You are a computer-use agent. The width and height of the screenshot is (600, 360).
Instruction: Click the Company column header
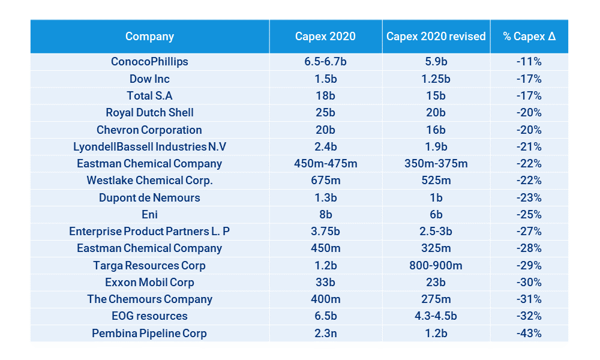click(149, 37)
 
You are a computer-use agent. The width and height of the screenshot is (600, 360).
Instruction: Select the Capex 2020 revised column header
click(436, 37)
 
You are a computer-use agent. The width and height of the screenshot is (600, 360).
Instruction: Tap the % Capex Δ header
click(529, 37)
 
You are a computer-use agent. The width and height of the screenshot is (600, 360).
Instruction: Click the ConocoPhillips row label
click(149, 62)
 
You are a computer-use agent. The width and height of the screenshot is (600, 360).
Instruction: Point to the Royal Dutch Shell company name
click(149, 113)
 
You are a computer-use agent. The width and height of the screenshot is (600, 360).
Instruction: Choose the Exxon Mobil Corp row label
click(149, 283)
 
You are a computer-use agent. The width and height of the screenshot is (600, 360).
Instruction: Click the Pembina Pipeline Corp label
click(149, 334)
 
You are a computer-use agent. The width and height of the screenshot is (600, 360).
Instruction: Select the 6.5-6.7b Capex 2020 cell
click(325, 62)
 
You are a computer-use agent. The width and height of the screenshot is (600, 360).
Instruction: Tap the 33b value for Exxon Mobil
click(325, 283)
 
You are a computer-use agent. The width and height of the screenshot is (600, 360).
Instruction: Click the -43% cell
click(529, 334)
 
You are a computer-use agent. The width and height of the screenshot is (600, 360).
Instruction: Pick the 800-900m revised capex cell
click(436, 265)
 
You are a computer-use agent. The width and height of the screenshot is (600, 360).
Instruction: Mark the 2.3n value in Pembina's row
click(325, 334)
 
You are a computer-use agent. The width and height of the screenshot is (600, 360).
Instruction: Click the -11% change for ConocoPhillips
click(529, 62)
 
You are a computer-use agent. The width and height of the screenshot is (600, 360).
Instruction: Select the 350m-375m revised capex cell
click(436, 164)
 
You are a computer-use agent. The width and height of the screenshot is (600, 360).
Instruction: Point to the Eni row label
click(149, 215)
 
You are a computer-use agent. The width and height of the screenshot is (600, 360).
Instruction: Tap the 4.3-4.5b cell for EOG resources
click(436, 316)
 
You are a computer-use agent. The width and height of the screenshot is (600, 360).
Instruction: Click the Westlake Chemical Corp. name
click(149, 181)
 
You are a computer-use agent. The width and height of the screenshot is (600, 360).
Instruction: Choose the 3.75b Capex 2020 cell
click(325, 232)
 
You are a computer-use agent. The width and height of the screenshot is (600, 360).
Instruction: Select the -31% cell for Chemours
click(529, 299)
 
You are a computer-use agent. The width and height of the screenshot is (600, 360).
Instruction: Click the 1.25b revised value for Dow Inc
click(436, 79)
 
